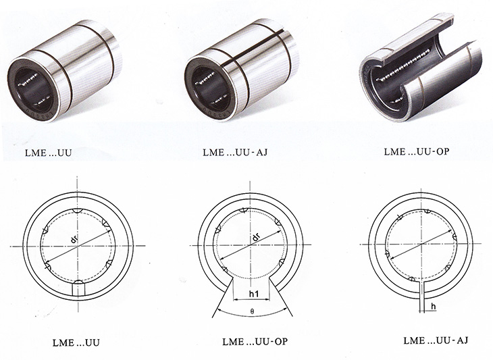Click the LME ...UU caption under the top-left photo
[x=49, y=153]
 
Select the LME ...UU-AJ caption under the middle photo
[x=235, y=152]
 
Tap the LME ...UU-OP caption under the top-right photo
[x=417, y=151]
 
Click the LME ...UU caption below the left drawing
[x=76, y=342]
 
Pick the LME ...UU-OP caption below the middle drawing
[x=255, y=342]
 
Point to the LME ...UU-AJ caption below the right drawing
[x=436, y=340]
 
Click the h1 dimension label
[x=254, y=294]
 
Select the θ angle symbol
[x=252, y=312]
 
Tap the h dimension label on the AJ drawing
[x=434, y=307]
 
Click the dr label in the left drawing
[x=74, y=239]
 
